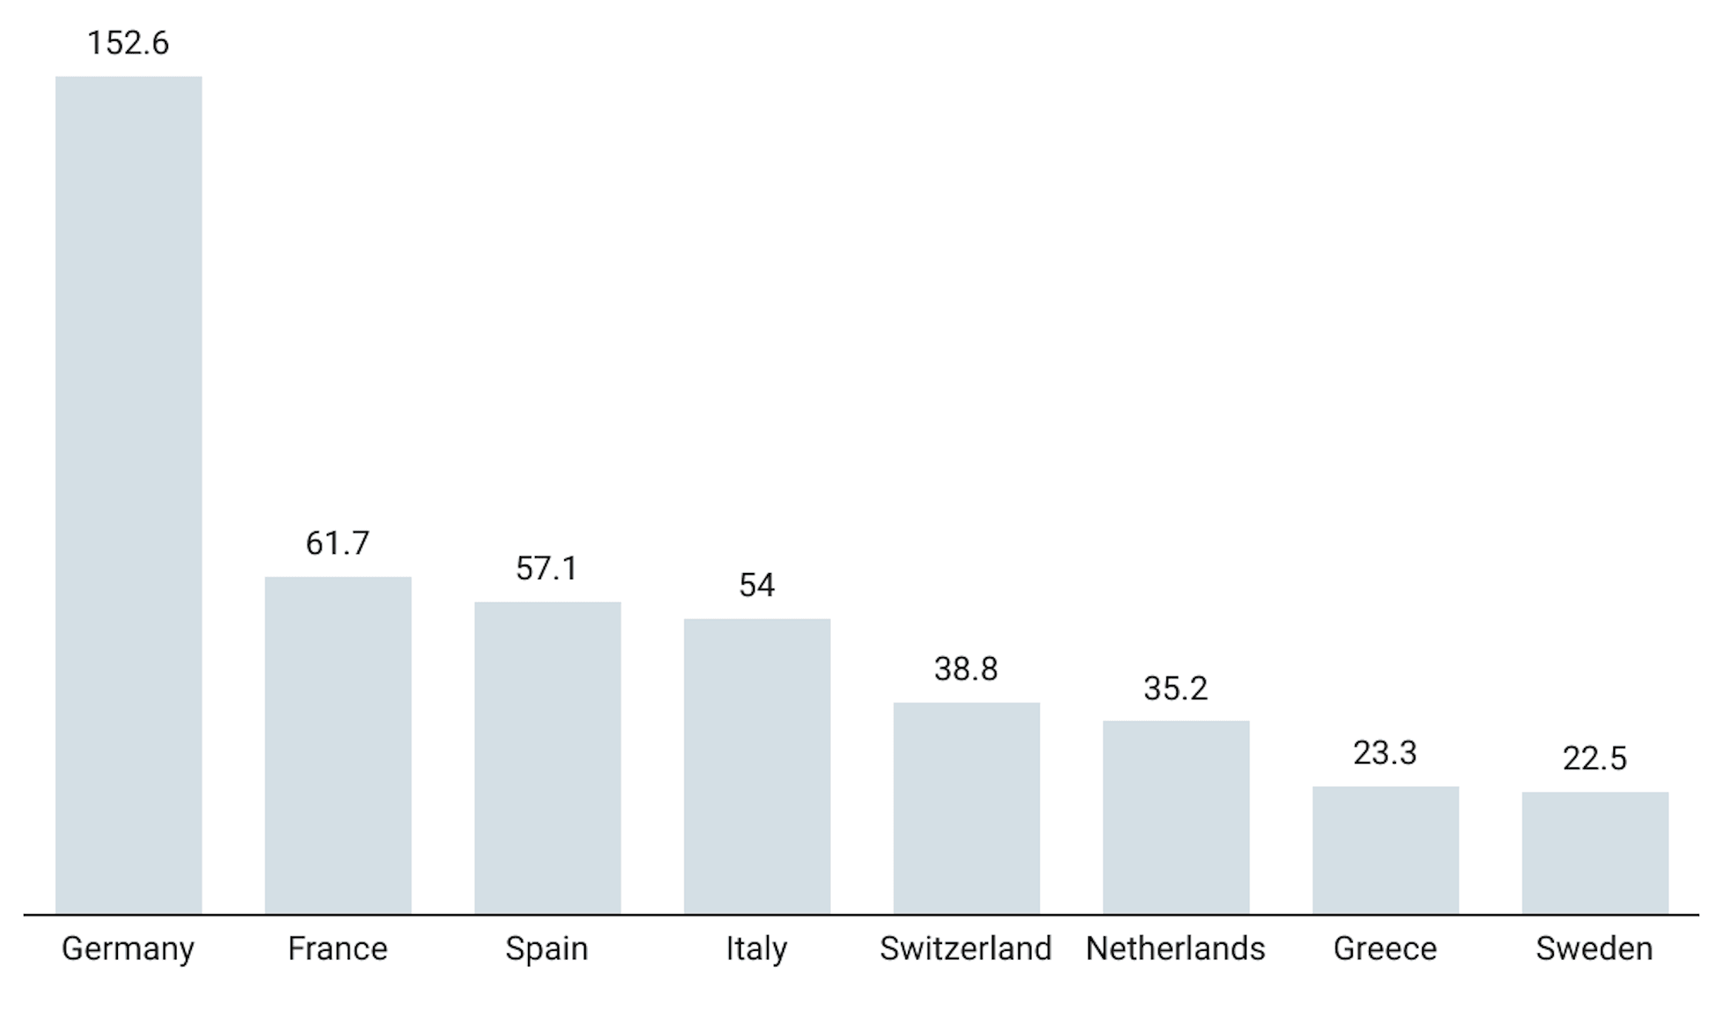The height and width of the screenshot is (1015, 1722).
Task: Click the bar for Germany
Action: pyautogui.click(x=129, y=495)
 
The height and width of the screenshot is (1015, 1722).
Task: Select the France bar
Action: pyautogui.click(x=338, y=745)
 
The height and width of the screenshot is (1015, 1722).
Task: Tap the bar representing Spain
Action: pyautogui.click(x=547, y=757)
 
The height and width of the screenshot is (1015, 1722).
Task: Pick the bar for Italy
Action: pyautogui.click(x=757, y=766)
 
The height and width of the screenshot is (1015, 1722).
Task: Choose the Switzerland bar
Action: pyautogui.click(x=967, y=808)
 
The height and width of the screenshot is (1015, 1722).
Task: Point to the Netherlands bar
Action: pyautogui.click(x=1175, y=817)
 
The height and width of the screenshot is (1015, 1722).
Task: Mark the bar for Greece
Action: pyautogui.click(x=1385, y=850)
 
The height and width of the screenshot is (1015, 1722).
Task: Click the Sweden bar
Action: pyautogui.click(x=1595, y=852)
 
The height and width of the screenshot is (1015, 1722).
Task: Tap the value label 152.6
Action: pyautogui.click(x=128, y=43)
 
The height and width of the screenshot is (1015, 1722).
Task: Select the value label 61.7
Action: pyautogui.click(x=338, y=544)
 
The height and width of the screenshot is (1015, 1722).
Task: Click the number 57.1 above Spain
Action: pyautogui.click(x=547, y=569)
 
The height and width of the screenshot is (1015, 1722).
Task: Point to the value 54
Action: pyautogui.click(x=757, y=585)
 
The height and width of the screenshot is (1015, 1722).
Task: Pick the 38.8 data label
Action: pyautogui.click(x=966, y=669)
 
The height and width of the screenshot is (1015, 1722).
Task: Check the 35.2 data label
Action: pyautogui.click(x=1175, y=689)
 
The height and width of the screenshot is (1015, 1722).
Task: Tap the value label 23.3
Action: pyautogui.click(x=1385, y=754)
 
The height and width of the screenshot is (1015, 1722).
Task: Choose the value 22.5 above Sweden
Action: pyautogui.click(x=1595, y=759)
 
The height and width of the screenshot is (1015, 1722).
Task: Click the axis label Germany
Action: pyautogui.click(x=128, y=949)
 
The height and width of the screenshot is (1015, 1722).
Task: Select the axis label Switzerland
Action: pyautogui.click(x=966, y=949)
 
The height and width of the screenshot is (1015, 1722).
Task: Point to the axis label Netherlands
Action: pyautogui.click(x=1175, y=949)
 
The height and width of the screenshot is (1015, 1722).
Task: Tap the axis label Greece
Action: pyautogui.click(x=1385, y=949)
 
